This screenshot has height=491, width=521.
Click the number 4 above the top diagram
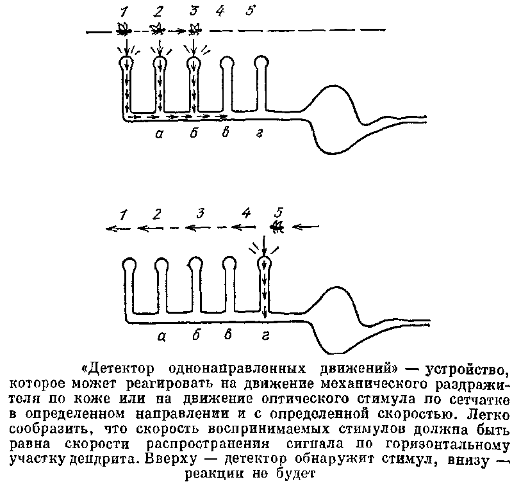coord(220,11)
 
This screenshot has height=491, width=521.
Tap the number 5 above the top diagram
coord(251,11)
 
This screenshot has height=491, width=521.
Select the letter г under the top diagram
coord(257,133)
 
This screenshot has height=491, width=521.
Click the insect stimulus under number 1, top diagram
coord(125,29)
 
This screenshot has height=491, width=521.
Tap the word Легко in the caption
coord(492,413)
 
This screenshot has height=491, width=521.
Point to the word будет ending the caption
coord(299,474)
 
